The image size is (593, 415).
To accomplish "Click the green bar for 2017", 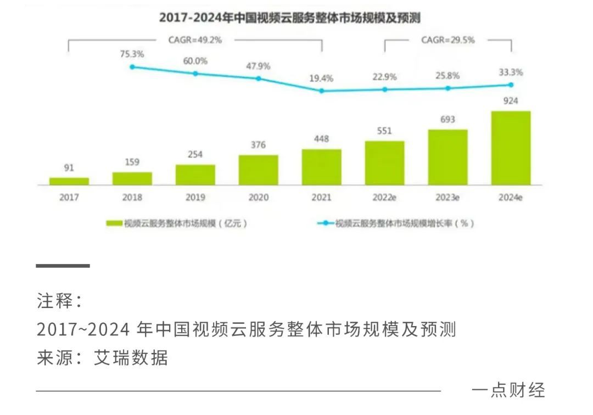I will click(69, 181).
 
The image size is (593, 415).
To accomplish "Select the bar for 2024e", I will click(511, 148).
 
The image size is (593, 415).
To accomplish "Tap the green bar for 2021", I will click(321, 167).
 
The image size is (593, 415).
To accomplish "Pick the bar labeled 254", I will click(195, 175).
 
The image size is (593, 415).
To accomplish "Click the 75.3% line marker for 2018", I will click(132, 67).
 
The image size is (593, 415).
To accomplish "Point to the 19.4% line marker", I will click(322, 91).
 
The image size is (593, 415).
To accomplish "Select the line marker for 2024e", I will click(511, 85).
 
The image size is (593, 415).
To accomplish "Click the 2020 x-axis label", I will click(258, 198).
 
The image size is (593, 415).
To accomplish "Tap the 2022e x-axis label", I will click(384, 198).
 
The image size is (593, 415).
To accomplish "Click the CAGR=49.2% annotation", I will click(195, 40).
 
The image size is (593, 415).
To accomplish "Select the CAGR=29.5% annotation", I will click(447, 40).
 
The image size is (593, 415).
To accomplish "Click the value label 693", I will click(447, 119).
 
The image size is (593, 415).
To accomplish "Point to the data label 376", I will click(258, 145).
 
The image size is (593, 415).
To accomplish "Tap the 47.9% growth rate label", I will click(258, 66).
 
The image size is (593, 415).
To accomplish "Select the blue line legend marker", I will click(326, 223).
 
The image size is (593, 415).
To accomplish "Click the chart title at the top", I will click(289, 18).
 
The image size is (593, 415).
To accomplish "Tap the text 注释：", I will click(60, 301).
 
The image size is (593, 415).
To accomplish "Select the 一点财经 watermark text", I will click(508, 390).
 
